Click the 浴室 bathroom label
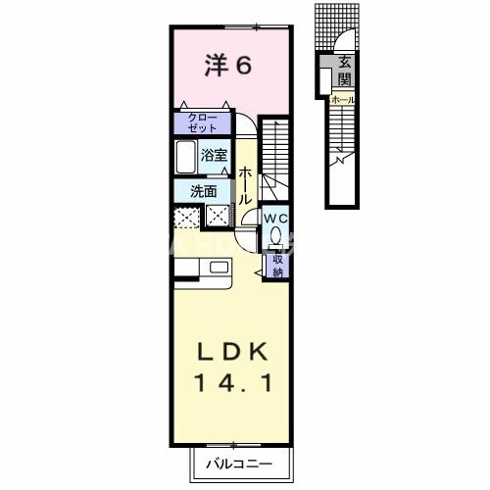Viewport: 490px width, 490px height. (215, 155)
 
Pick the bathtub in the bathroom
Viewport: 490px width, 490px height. (187, 157)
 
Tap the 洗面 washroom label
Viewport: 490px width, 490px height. (204, 191)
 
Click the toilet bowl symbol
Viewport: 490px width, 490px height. (276, 238)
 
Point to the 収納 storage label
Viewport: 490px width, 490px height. (277, 265)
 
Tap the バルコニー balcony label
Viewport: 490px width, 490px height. (238, 462)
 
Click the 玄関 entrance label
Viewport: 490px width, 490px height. (345, 72)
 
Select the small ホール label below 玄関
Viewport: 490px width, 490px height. (343, 100)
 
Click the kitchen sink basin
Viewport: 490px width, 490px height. (218, 267)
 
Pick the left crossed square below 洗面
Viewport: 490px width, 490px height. (186, 218)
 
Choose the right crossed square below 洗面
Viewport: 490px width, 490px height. (218, 218)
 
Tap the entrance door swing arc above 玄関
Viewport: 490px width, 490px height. (345, 44)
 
